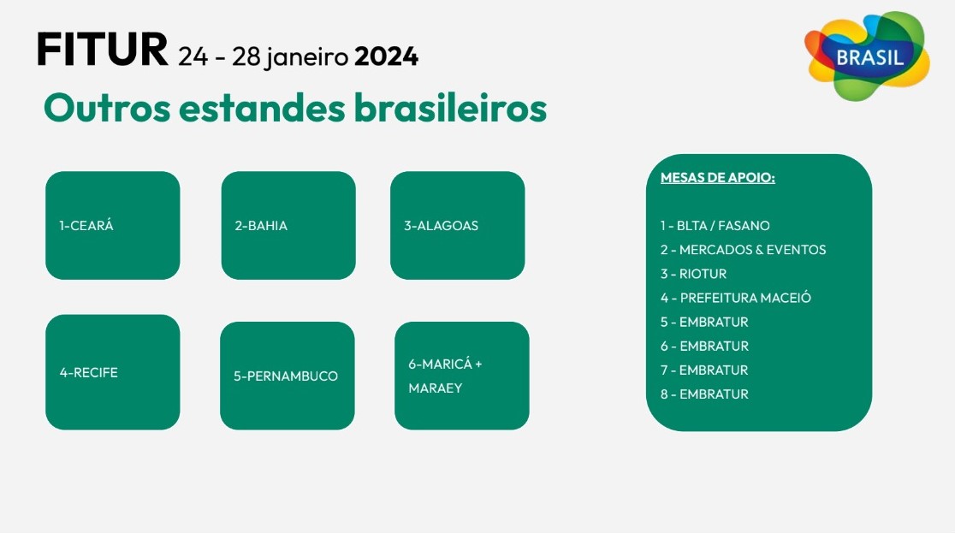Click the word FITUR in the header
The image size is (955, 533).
pos(103,50)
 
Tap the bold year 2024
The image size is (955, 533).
pos(386,56)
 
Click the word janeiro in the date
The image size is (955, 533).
pos(307,57)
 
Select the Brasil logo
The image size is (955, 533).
pos(868,56)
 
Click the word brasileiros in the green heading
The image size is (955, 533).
pos(450,108)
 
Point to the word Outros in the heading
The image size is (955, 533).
pos(107,109)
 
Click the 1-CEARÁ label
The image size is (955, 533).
pos(86,225)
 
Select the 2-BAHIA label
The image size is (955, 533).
pos(261,225)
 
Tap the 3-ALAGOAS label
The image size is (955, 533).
pos(441,225)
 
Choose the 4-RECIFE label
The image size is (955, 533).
pos(89,372)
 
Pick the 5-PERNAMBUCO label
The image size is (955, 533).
pos(286,376)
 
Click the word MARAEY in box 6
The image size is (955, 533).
pos(436,388)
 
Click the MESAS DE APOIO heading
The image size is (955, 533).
pos(717,177)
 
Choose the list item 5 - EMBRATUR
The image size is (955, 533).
pos(704,322)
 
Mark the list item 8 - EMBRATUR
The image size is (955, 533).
pos(704,394)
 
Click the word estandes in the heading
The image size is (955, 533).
pos(263,108)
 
